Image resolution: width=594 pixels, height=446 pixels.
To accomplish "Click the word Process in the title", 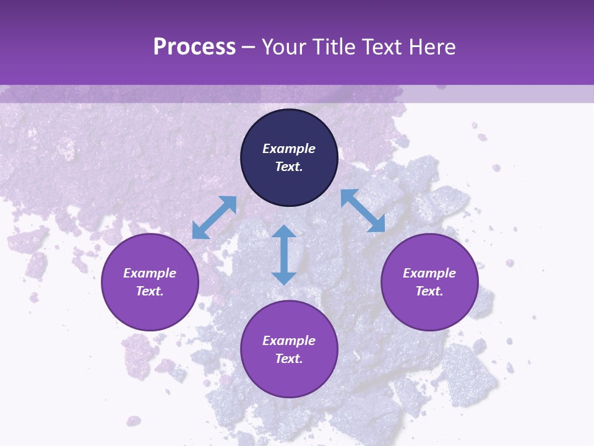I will click(194, 47).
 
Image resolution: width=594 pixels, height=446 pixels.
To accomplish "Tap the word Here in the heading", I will click(432, 47).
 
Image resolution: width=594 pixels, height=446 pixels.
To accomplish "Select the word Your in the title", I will click(286, 47).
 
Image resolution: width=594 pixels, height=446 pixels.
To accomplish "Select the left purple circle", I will click(150, 310).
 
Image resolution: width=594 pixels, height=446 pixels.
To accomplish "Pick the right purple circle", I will click(429, 310).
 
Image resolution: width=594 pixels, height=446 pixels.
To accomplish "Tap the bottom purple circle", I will click(289, 378).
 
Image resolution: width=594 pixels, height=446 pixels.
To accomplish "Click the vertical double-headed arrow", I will click(284, 255).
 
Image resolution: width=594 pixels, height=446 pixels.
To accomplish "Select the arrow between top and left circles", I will click(214, 217).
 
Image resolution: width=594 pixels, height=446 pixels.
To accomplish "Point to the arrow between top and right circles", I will click(363, 211).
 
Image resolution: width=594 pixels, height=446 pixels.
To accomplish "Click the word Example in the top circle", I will click(289, 149).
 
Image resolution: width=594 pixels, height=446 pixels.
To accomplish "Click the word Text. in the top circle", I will click(289, 167).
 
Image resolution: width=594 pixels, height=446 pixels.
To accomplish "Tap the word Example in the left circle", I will click(150, 273).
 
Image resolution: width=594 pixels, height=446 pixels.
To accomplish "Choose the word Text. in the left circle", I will click(150, 291).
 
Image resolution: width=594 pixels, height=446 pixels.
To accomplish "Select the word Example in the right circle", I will click(429, 273).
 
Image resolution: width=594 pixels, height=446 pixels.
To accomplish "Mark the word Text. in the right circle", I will click(429, 291).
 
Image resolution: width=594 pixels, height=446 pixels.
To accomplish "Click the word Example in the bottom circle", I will click(289, 341).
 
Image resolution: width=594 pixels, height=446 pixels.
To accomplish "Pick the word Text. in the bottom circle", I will click(289, 359).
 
